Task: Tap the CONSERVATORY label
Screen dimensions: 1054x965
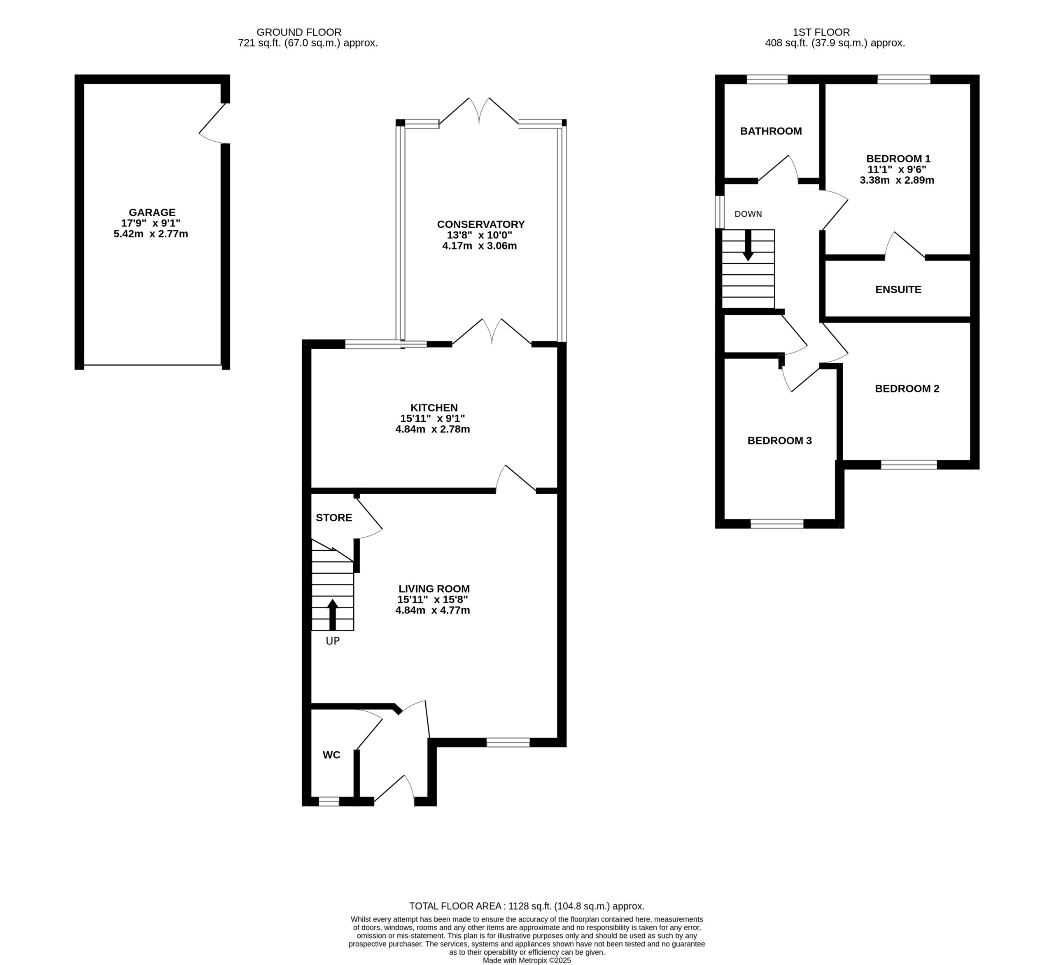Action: click(481, 224)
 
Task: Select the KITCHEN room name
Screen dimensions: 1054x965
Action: click(434, 407)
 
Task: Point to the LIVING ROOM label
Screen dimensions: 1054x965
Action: click(434, 589)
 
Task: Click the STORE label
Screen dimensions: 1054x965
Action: click(334, 517)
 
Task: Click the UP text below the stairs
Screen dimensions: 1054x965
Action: click(333, 641)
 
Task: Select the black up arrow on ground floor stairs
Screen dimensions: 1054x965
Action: click(333, 614)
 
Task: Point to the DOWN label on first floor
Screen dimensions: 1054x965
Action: click(748, 214)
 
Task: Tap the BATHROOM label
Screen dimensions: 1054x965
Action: click(771, 131)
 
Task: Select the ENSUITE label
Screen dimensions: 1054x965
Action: click(898, 289)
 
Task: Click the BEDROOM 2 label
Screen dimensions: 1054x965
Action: click(907, 389)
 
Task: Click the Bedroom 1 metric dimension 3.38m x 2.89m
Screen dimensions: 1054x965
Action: click(897, 180)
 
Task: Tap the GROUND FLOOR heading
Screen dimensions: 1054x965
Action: click(299, 33)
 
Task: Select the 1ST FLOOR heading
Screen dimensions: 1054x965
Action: click(821, 33)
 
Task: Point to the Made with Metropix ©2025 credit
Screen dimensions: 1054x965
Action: click(527, 960)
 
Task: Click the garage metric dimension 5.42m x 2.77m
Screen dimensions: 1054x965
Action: click(151, 234)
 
